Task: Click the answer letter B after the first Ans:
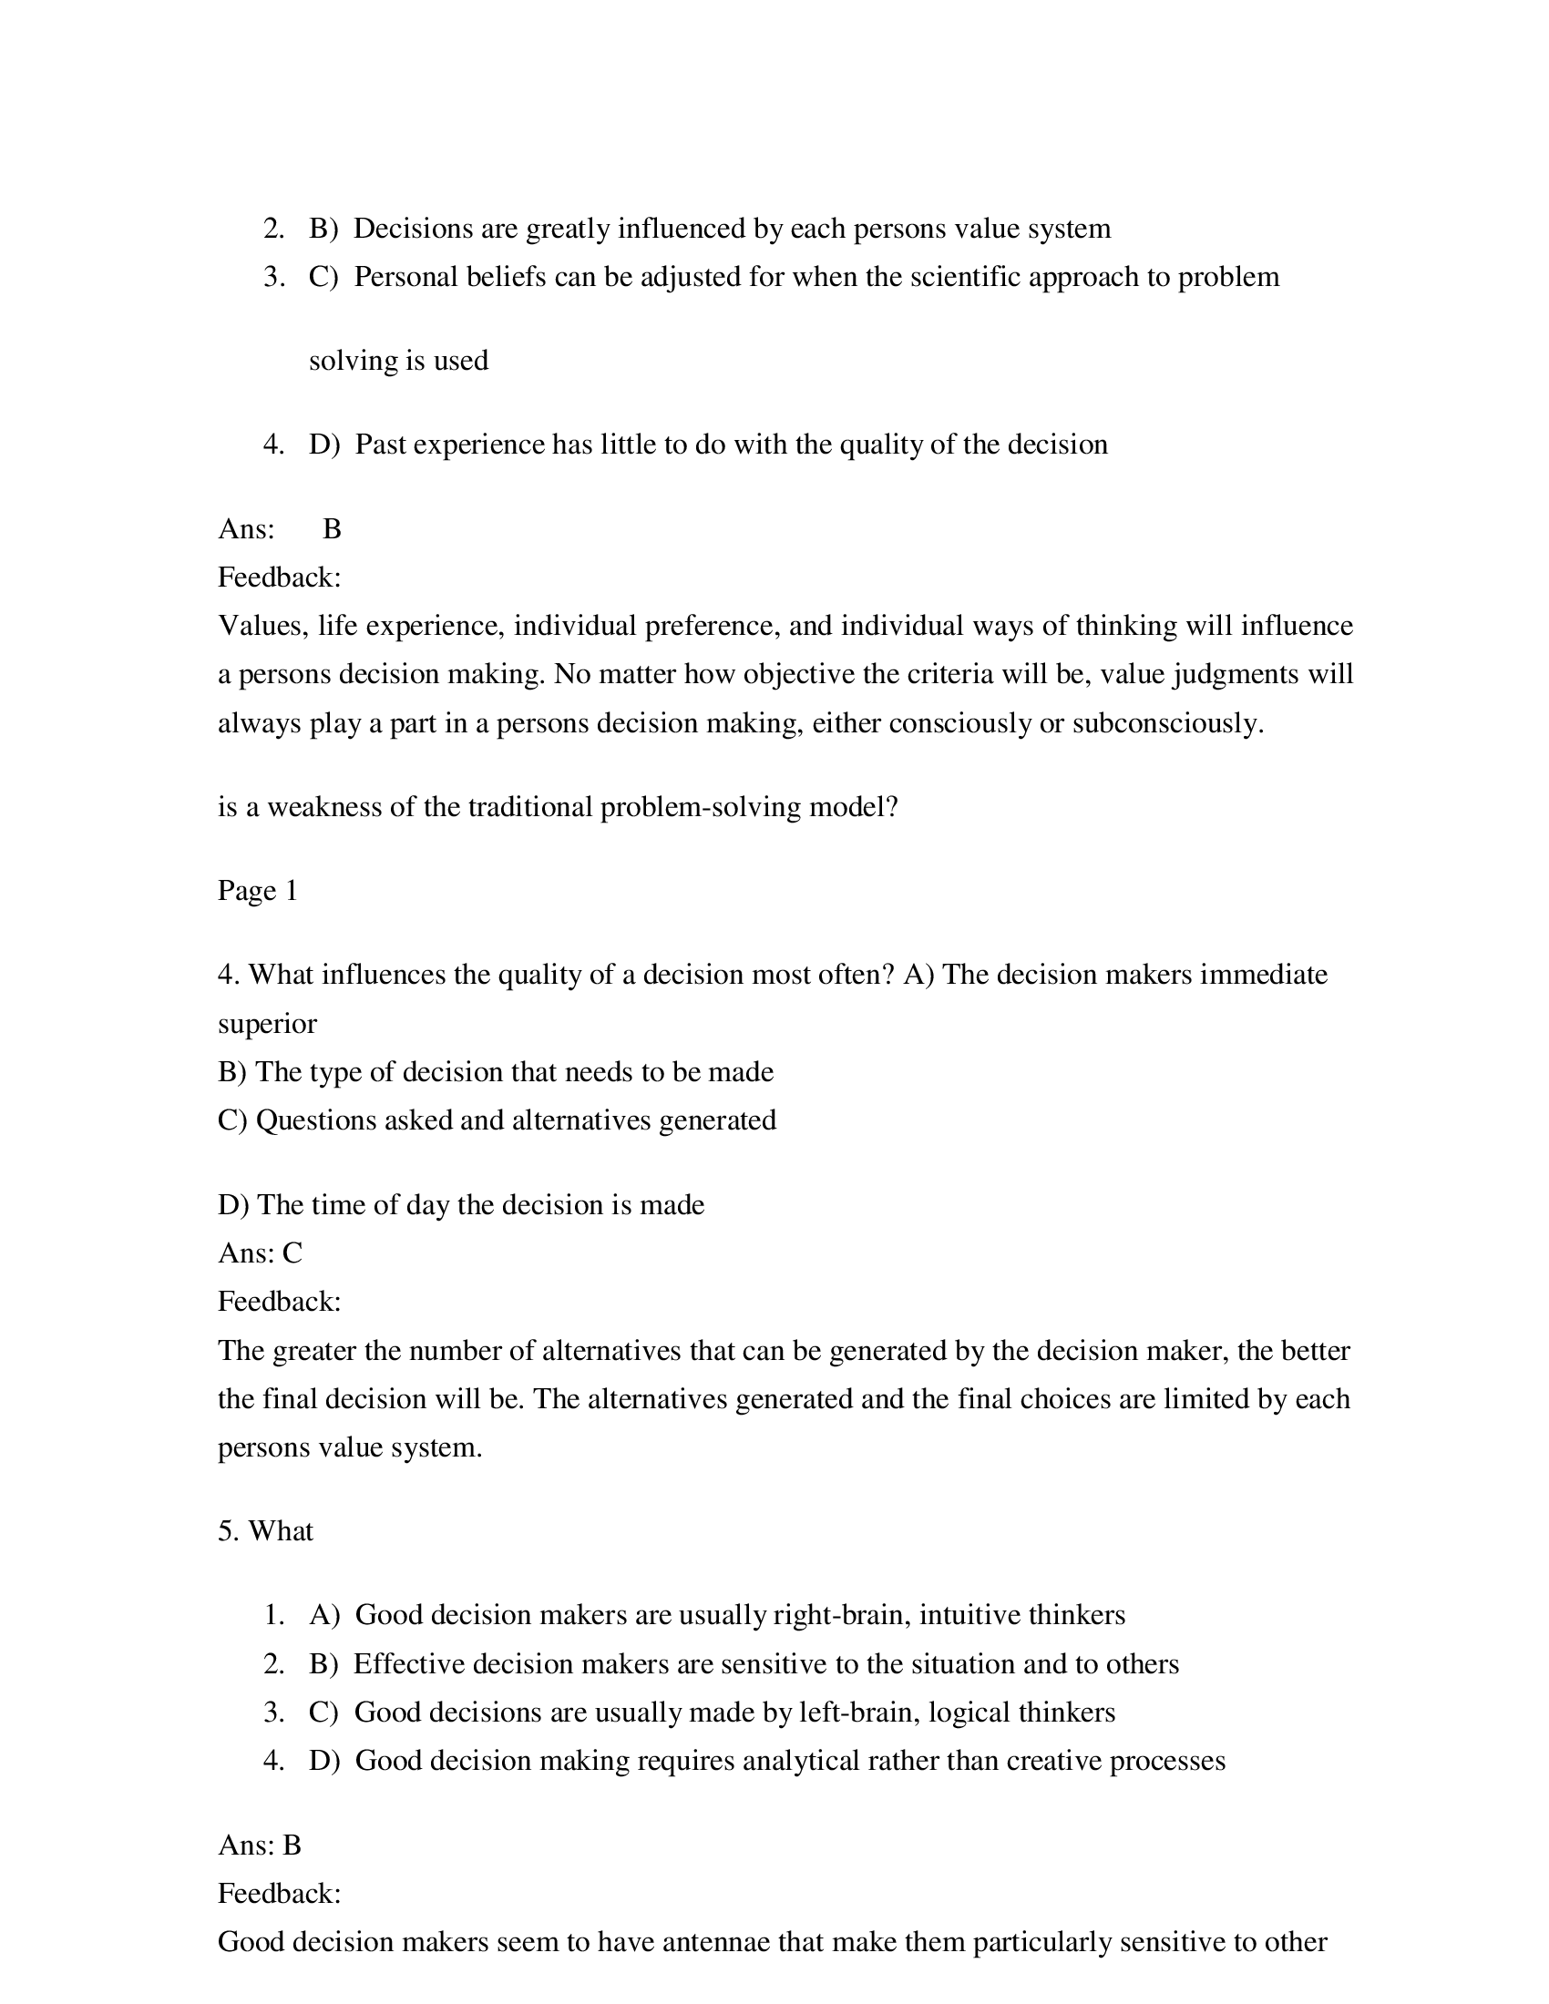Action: coord(333,529)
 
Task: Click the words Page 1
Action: coord(258,891)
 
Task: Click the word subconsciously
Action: coord(1166,723)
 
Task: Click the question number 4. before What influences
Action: coord(229,975)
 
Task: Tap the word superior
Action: coord(267,1024)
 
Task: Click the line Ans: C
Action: coord(260,1253)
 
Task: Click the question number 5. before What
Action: coord(229,1531)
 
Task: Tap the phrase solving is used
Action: coord(398,361)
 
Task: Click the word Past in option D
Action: coord(381,445)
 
